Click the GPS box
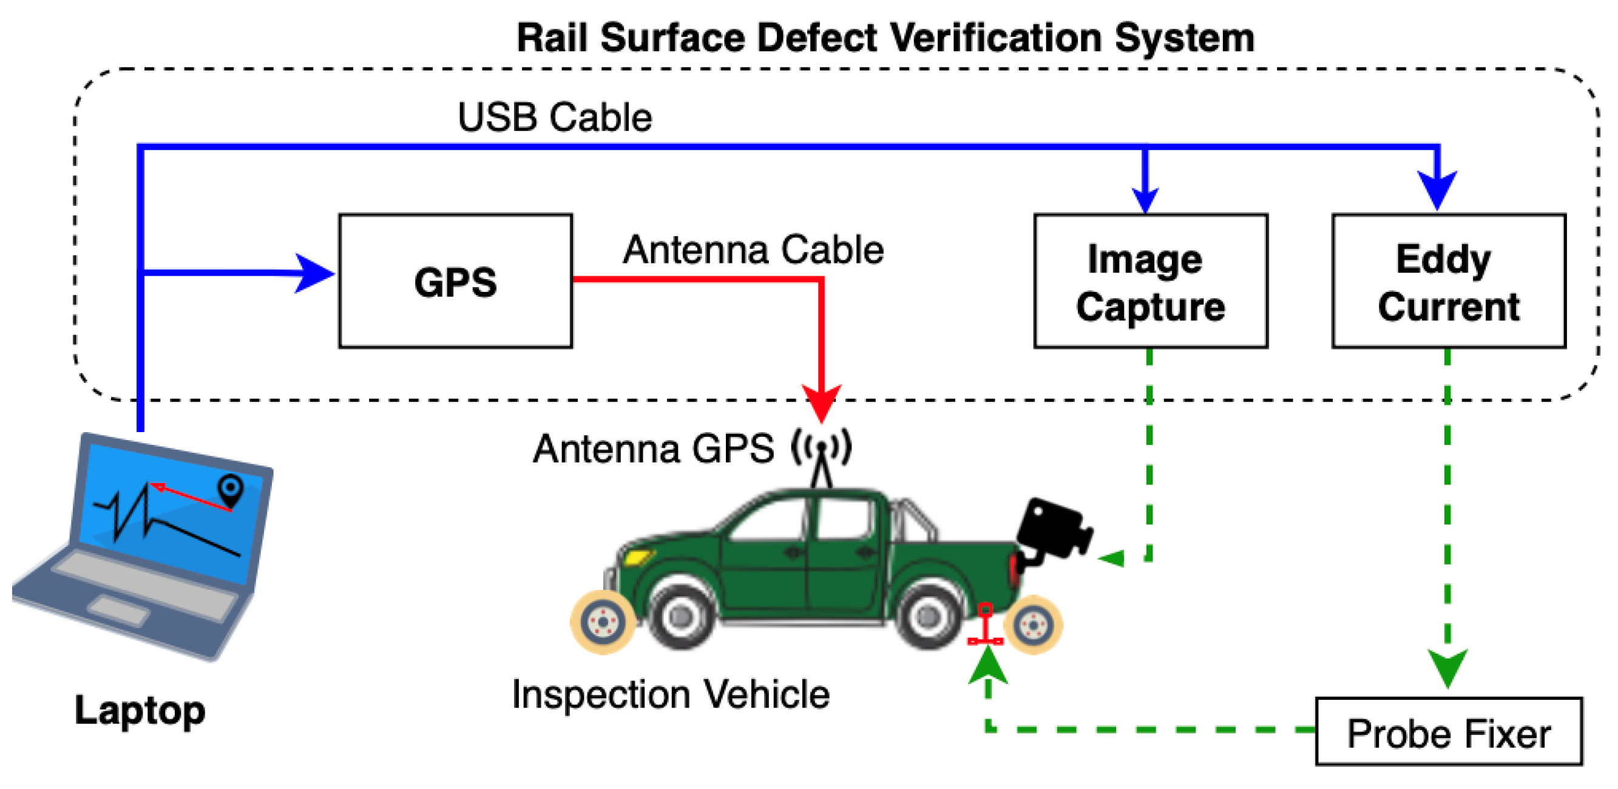[455, 281]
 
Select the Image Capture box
[1150, 281]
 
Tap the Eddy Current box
[1449, 281]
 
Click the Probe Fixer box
[1449, 732]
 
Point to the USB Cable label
[555, 118]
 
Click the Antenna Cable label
[753, 250]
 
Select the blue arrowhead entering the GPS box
[314, 273]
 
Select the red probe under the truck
[986, 626]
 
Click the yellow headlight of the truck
[637, 557]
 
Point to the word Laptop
[140, 711]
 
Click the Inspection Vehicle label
[670, 695]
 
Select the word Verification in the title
[997, 38]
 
